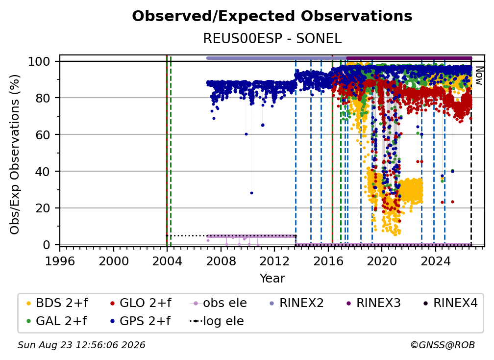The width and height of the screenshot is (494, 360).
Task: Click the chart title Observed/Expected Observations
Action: (x=272, y=16)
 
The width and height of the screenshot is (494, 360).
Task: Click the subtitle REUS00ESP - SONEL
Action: (x=272, y=39)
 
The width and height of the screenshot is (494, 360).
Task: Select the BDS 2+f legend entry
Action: (x=57, y=303)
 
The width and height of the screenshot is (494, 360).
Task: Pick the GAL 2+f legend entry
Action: (x=56, y=321)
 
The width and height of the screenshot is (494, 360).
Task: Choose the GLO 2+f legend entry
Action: (x=141, y=303)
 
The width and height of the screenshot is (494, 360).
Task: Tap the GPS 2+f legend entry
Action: (x=140, y=321)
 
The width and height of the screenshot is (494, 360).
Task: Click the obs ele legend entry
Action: (x=219, y=303)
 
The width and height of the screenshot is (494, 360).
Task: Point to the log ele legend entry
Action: (x=217, y=321)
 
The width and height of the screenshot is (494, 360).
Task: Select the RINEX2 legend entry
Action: (x=297, y=303)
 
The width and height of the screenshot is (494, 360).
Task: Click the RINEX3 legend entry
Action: (x=373, y=303)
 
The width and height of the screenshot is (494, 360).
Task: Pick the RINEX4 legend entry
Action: (x=450, y=303)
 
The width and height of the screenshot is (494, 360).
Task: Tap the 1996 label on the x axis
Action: (x=60, y=261)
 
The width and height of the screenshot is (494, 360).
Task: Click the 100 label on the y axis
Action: (x=39, y=61)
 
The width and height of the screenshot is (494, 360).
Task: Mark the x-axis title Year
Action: (x=272, y=279)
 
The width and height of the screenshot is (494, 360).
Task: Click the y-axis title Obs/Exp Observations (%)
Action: (x=15, y=154)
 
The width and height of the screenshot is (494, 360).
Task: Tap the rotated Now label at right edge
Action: (x=479, y=76)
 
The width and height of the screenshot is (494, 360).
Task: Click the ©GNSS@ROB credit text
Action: (x=443, y=345)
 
